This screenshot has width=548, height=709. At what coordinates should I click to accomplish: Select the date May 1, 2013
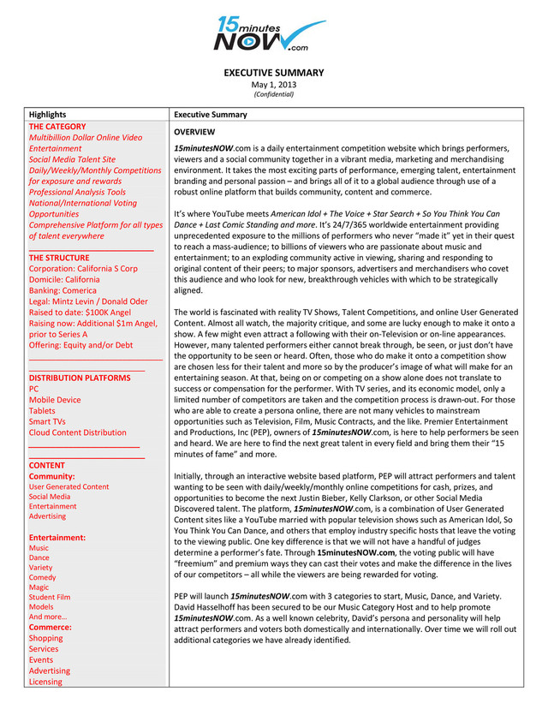click(x=274, y=84)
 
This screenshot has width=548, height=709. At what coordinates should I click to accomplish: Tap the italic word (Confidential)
click(x=274, y=94)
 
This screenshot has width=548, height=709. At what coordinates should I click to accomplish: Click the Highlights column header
click(x=47, y=114)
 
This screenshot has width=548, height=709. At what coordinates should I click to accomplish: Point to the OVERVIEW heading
click(x=194, y=132)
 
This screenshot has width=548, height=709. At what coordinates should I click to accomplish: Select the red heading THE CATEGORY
click(x=57, y=126)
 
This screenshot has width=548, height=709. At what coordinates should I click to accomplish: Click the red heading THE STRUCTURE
click(x=59, y=257)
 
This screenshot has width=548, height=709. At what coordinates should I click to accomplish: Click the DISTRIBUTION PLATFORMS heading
click(x=80, y=378)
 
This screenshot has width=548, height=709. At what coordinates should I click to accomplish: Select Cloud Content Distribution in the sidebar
click(x=77, y=433)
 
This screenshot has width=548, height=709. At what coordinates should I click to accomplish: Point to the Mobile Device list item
click(x=55, y=400)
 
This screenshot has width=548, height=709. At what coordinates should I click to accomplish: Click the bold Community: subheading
click(x=52, y=476)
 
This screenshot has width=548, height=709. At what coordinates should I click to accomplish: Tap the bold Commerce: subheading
click(x=51, y=627)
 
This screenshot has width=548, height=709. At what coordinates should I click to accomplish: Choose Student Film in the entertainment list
click(x=50, y=597)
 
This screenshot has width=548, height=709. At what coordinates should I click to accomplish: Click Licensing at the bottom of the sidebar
click(x=45, y=682)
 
